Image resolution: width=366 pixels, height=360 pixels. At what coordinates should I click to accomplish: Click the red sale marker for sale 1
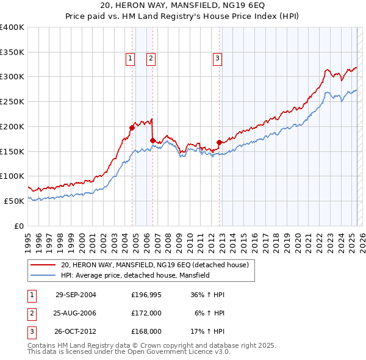[132, 128]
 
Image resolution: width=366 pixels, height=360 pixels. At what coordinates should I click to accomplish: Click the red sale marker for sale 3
[219, 142]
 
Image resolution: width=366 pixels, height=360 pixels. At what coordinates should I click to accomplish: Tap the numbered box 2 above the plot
[151, 59]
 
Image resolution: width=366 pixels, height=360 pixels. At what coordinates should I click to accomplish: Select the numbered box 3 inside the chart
[217, 59]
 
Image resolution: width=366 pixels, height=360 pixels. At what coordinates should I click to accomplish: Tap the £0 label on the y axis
[18, 226]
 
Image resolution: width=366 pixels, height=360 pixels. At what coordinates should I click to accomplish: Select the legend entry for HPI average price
[135, 276]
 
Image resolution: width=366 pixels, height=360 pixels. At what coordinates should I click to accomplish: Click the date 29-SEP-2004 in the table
[76, 295]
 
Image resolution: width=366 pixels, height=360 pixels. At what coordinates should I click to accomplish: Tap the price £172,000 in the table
[146, 313]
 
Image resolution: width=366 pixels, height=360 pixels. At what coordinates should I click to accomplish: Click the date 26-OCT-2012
[76, 331]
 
